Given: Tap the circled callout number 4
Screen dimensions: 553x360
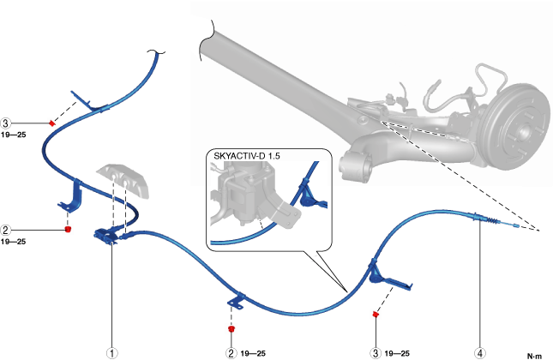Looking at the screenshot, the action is [479, 351].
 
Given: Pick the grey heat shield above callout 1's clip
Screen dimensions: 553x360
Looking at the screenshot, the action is [125, 181].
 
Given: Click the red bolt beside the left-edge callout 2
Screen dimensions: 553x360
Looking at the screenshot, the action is [67, 229].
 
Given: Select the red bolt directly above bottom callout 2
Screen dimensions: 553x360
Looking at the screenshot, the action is [231, 328].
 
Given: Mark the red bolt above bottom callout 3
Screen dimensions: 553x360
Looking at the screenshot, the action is [376, 315].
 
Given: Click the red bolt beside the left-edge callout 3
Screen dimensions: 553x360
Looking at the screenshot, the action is [52, 123].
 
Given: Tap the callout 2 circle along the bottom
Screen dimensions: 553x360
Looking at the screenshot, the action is [231, 351].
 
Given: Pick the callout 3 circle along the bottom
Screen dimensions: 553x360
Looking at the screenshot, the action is [375, 351].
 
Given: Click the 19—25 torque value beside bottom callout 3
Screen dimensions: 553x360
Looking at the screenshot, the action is [397, 351].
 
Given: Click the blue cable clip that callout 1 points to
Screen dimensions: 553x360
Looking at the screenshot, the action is [109, 236].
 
